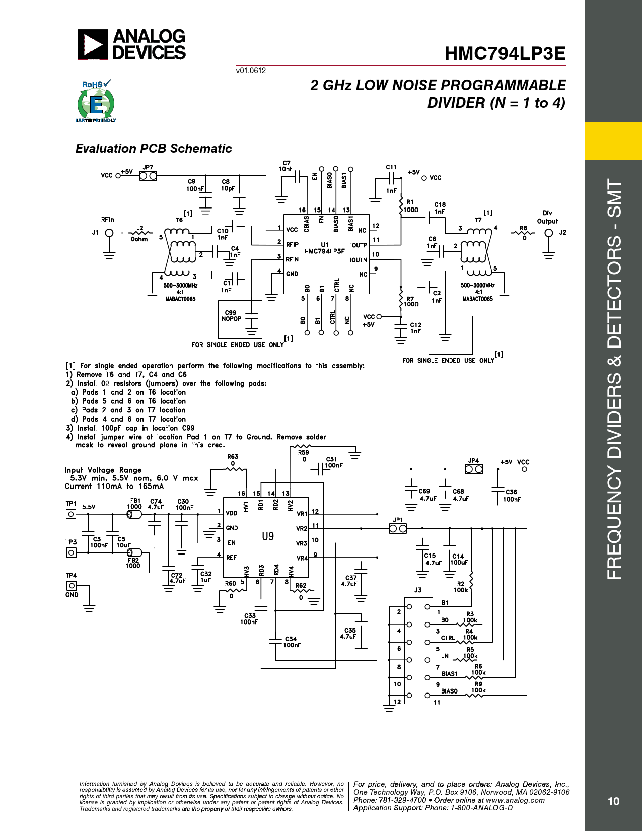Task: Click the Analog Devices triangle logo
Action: (x=93, y=44)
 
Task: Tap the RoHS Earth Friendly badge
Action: (x=96, y=101)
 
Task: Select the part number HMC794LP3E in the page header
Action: (x=505, y=53)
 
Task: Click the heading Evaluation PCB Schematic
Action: (x=154, y=149)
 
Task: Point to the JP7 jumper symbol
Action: (x=148, y=176)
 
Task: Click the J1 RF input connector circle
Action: (x=109, y=233)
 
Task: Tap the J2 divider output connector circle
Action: (x=549, y=233)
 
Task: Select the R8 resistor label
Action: (x=523, y=228)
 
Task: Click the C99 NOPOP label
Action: (x=231, y=315)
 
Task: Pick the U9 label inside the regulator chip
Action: (x=268, y=536)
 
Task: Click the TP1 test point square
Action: (x=71, y=514)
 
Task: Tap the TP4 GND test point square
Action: (x=72, y=586)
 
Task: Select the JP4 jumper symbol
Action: (x=474, y=469)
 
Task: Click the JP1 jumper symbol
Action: (x=398, y=529)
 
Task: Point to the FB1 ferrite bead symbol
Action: (x=134, y=514)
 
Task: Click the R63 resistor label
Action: (x=233, y=456)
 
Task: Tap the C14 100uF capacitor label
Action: (x=459, y=559)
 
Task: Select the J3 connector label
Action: (x=418, y=590)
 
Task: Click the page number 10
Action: (x=613, y=801)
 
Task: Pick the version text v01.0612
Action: (x=251, y=71)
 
